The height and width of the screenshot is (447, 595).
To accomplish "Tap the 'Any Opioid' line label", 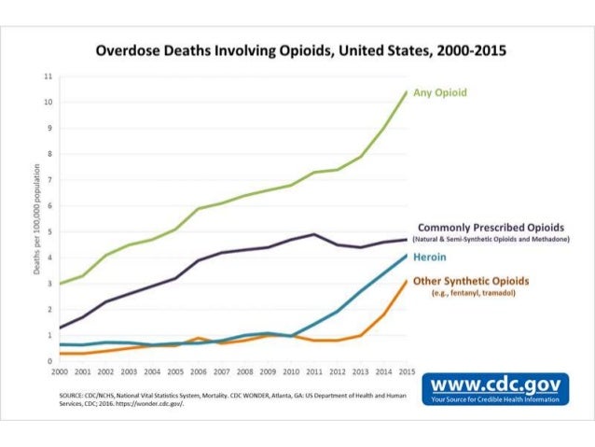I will coord(441,92).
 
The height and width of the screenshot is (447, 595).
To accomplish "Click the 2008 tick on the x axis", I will coord(243,370).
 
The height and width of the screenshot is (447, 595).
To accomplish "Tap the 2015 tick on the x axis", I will coord(407,370).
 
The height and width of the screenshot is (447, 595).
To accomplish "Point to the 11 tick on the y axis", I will coord(48,76).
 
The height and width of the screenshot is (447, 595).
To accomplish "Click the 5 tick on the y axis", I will coord(48,231).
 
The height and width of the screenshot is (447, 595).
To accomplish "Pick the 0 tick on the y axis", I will coord(48,361).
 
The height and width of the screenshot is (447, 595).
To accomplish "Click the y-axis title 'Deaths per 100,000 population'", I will coord(36,218).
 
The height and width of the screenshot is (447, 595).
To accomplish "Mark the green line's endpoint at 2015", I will coord(407,91).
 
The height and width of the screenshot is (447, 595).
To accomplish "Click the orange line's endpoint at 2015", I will coord(407,280).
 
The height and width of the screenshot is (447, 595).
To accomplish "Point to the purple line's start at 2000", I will coord(59,328).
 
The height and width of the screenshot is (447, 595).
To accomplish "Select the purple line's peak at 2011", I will coord(314,234).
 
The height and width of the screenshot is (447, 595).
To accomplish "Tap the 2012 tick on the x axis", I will coord(337,370).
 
